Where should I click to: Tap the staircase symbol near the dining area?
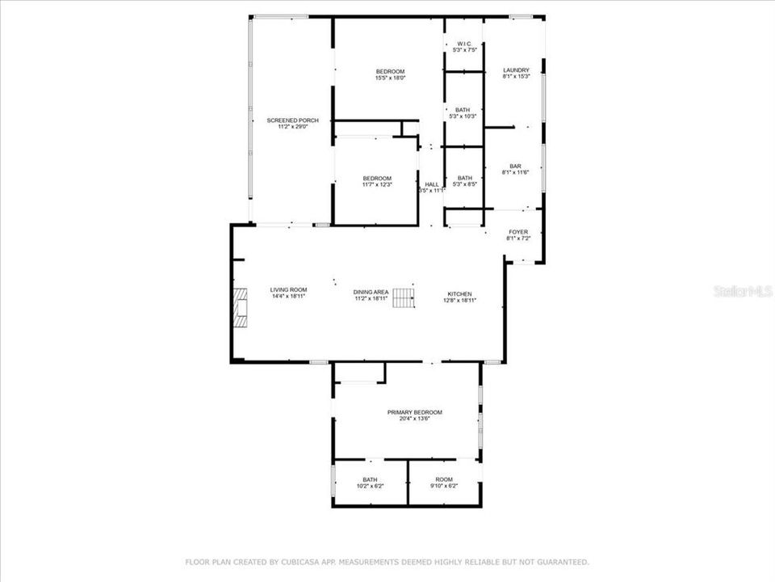404,297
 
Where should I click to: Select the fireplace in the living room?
240,306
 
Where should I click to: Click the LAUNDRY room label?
516,70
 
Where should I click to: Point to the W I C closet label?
464,44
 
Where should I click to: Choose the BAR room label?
516,166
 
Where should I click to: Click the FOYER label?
517,232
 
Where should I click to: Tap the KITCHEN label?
460,293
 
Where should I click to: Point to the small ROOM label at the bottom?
445,479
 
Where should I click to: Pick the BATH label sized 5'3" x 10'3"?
463,110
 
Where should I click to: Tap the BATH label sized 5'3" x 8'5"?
465,179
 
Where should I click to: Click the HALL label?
433,184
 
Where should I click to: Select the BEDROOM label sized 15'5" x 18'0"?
390,71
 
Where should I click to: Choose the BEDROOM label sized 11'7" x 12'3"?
377,179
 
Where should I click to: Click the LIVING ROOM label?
288,290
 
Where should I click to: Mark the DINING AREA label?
371,292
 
